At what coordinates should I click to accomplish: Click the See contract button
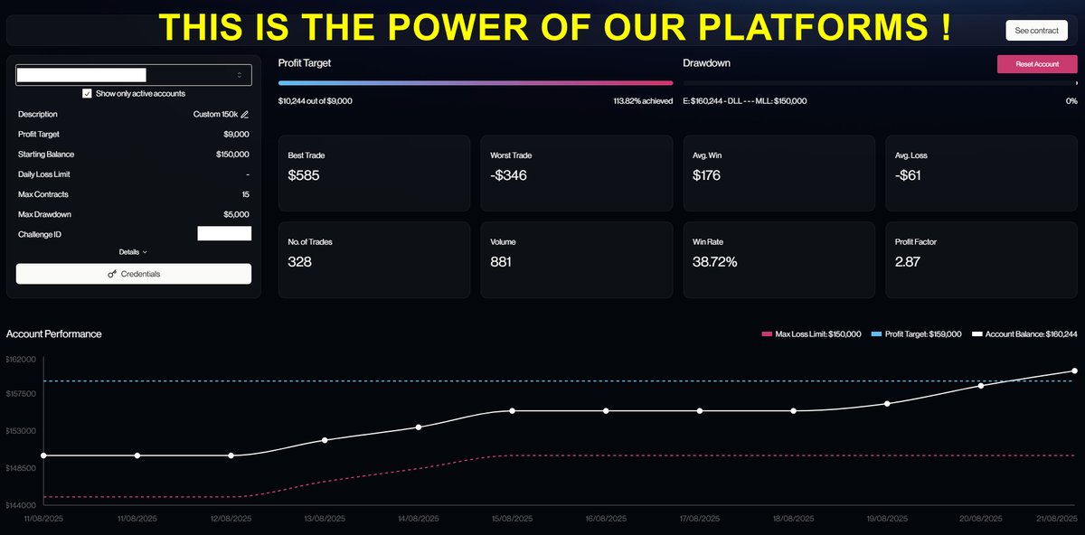1036,31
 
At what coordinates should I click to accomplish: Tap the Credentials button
134,274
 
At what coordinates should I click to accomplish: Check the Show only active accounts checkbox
87,93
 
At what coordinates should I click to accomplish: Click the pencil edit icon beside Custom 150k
245,114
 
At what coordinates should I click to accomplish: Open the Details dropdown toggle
133,252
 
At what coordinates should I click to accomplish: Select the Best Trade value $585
304,175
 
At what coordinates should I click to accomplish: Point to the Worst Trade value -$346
508,175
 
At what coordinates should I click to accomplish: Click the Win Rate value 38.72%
714,262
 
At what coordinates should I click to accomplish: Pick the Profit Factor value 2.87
907,262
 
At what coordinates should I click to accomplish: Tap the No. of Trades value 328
299,262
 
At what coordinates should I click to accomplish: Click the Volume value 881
500,262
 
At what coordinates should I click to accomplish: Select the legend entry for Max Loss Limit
811,334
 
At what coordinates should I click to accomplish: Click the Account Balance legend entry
1024,334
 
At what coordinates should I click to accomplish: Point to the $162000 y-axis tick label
21,360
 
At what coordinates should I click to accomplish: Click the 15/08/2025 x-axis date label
512,519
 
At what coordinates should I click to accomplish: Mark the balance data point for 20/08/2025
981,386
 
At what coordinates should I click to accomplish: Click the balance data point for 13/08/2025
325,440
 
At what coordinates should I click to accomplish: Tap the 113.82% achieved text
643,101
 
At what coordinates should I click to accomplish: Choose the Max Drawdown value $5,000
236,214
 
